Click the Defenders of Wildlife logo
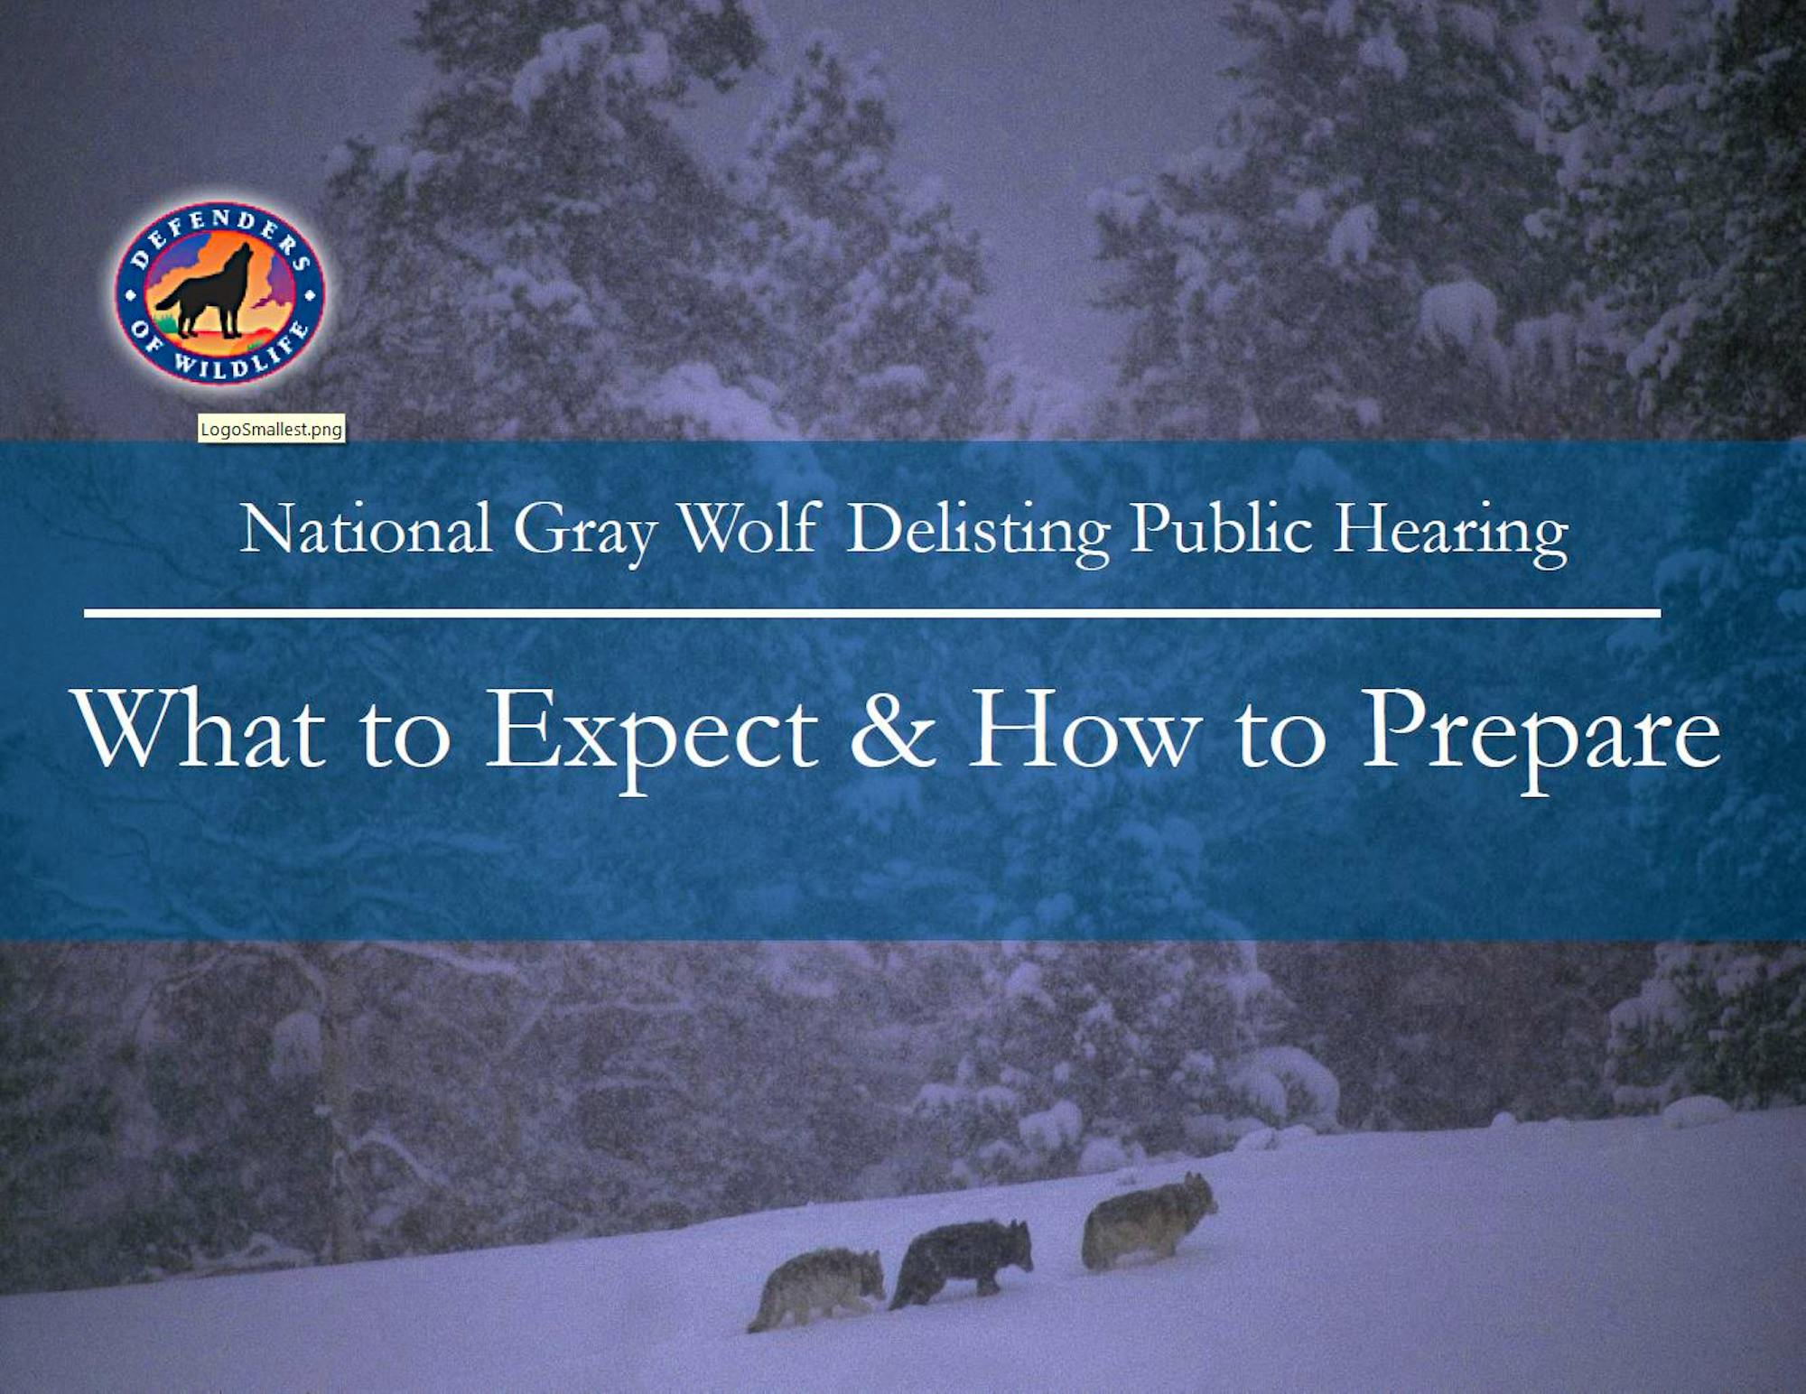pyautogui.click(x=219, y=293)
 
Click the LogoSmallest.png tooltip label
pyautogui.click(x=271, y=429)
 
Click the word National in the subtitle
pyautogui.click(x=366, y=529)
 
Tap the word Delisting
pyautogui.click(x=979, y=533)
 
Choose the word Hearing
pyautogui.click(x=1451, y=533)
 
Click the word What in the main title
pyautogui.click(x=200, y=730)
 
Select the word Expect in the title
pyautogui.click(x=652, y=739)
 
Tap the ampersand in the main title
pyautogui.click(x=892, y=730)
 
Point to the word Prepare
pyautogui.click(x=1541, y=739)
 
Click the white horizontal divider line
pyautogui.click(x=872, y=613)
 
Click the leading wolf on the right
pyautogui.click(x=1149, y=1219)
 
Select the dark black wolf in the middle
pyautogui.click(x=961, y=1261)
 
